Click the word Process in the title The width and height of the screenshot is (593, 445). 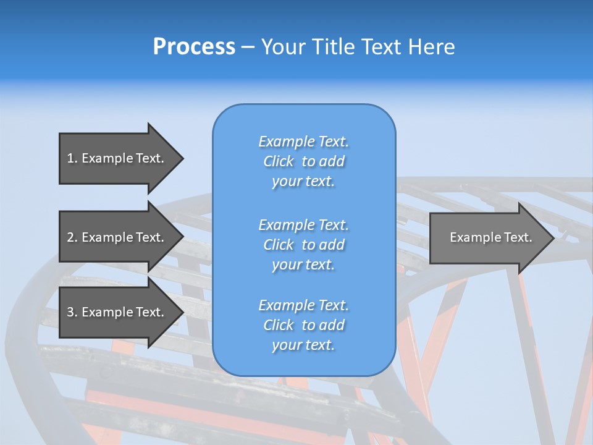click(x=194, y=47)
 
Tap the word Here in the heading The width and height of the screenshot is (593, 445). click(x=431, y=47)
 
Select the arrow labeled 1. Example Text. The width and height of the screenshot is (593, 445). click(x=117, y=158)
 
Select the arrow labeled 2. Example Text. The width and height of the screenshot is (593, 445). click(x=117, y=237)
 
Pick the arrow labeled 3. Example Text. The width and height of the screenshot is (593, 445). click(x=117, y=312)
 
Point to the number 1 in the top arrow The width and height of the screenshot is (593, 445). click(x=70, y=158)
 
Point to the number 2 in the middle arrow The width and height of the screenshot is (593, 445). click(x=70, y=237)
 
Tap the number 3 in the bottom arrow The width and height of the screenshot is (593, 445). click(x=70, y=312)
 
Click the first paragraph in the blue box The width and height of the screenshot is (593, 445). click(x=303, y=161)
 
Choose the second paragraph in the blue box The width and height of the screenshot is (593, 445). click(x=303, y=244)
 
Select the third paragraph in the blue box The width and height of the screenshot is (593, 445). click(x=303, y=325)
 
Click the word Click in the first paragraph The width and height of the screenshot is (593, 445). click(x=278, y=161)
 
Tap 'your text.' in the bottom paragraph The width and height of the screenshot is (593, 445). click(x=303, y=345)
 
